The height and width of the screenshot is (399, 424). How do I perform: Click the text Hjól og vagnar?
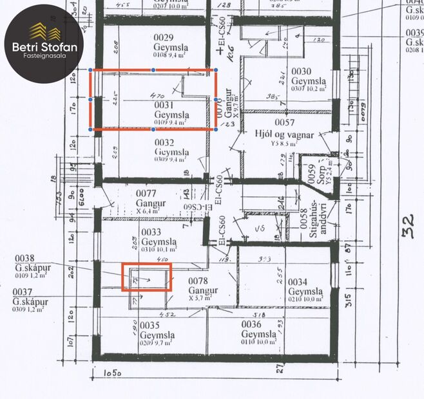[x=284, y=135]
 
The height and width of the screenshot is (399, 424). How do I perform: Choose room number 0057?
[x=284, y=123]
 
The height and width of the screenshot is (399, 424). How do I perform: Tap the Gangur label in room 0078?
[x=203, y=290]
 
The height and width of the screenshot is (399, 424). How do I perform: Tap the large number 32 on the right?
[x=409, y=226]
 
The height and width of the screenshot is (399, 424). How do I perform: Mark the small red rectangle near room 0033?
[x=147, y=277]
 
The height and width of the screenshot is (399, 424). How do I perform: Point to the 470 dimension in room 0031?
[x=156, y=96]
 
